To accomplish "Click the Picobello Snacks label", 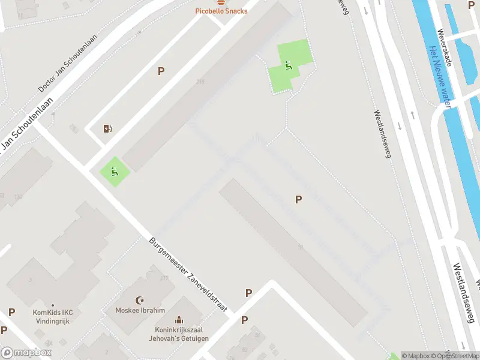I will pyautogui.click(x=221, y=11).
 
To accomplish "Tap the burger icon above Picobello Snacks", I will pyautogui.click(x=221, y=2).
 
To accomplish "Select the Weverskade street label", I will pyautogui.click(x=445, y=47).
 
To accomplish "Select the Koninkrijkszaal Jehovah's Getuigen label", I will pyautogui.click(x=179, y=334).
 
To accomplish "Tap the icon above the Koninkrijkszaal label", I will pyautogui.click(x=179, y=320).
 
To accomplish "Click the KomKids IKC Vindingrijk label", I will pyautogui.click(x=52, y=317).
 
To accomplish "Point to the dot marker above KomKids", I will pyautogui.click(x=52, y=305).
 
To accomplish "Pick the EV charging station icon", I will pyautogui.click(x=107, y=128).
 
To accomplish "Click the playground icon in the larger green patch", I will pyautogui.click(x=289, y=66).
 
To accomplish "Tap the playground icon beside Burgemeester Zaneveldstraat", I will pyautogui.click(x=114, y=170).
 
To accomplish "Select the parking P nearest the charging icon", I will pyautogui.click(x=161, y=71).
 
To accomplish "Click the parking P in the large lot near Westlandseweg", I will pyautogui.click(x=298, y=200).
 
